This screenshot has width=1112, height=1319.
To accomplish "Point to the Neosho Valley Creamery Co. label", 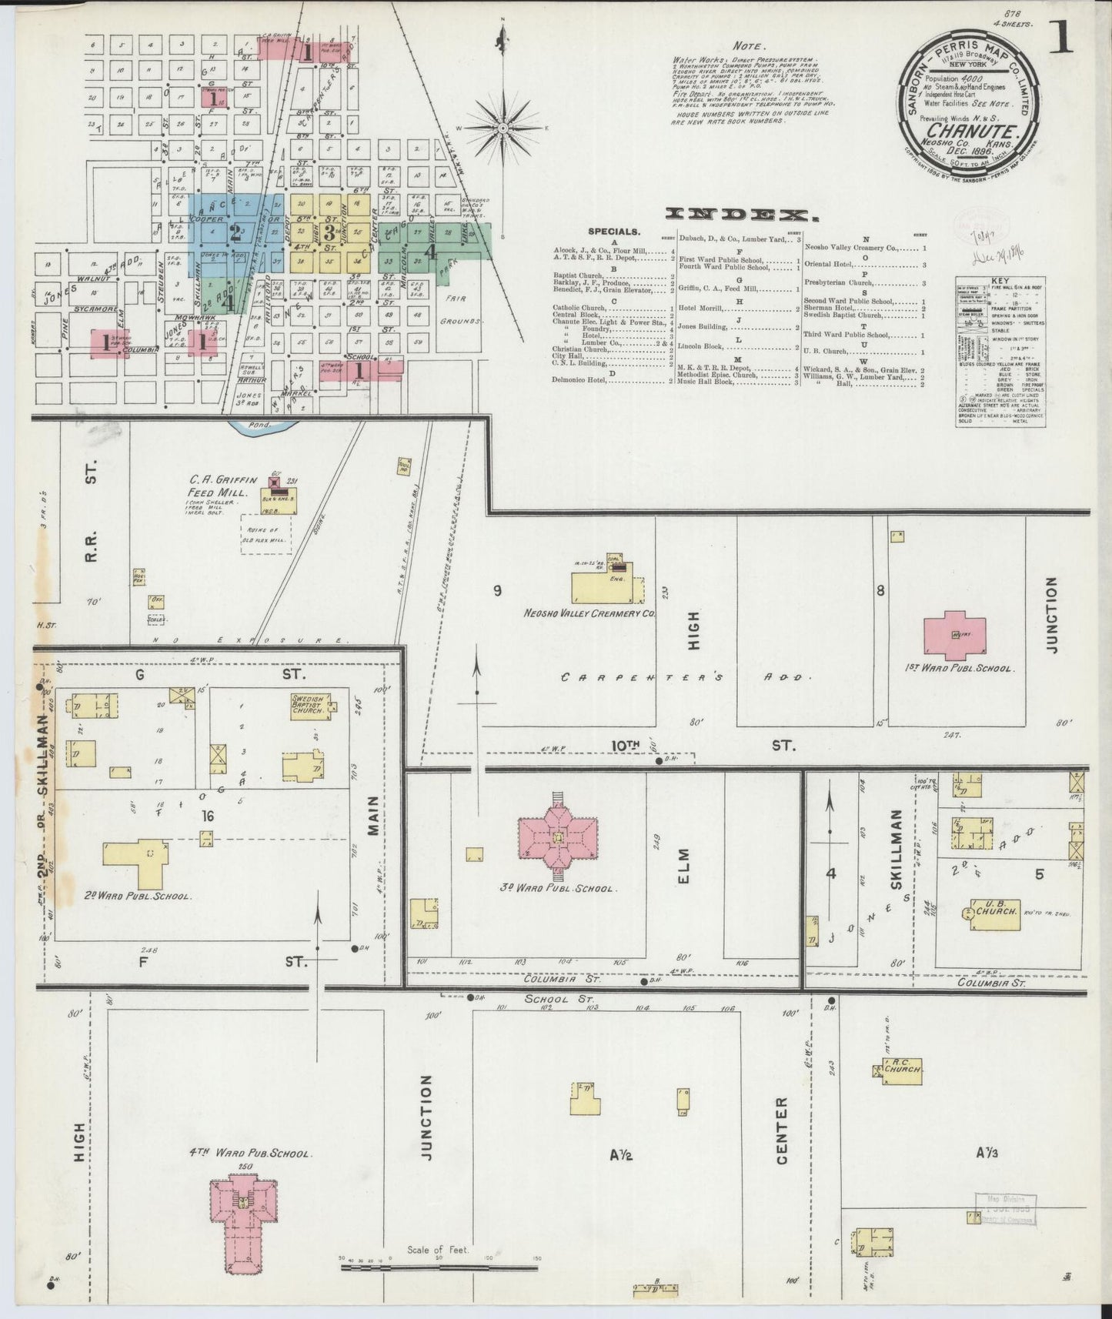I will [589, 613].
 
